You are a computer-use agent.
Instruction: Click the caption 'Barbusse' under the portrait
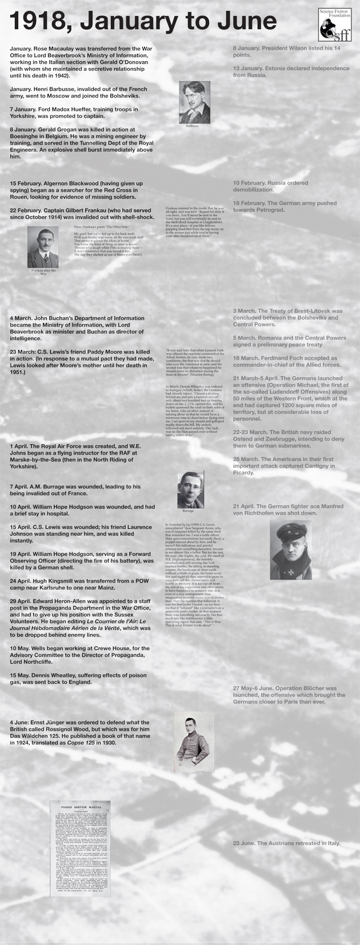tap(193, 125)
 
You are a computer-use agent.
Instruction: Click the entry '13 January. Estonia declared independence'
tap(291, 71)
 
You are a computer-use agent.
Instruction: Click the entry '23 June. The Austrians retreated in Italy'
tap(286, 843)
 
